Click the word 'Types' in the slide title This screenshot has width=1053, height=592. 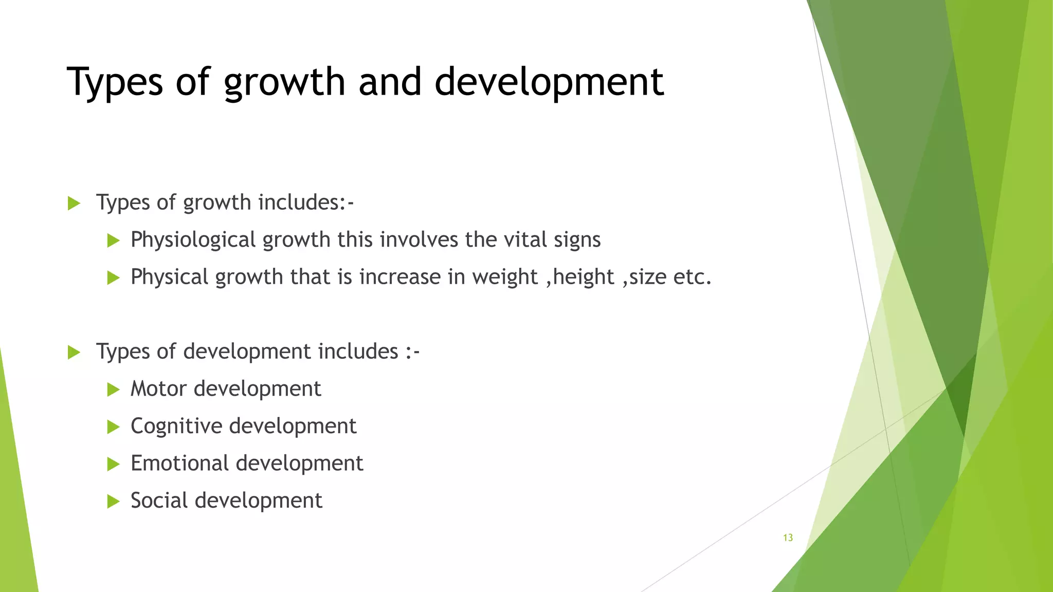(115, 82)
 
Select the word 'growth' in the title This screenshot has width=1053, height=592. (284, 82)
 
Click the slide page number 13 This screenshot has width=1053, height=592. (788, 538)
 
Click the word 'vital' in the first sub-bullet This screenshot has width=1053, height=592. (525, 239)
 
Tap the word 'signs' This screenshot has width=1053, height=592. (577, 240)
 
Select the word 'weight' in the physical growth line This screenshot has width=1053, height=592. (504, 277)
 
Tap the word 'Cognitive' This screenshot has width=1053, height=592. (176, 426)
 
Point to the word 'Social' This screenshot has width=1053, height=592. (159, 501)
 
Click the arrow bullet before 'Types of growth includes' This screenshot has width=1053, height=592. (74, 203)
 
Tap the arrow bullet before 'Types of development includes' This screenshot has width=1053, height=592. (74, 353)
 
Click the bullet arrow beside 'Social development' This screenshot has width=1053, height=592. (113, 502)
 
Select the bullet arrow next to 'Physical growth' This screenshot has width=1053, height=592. (113, 278)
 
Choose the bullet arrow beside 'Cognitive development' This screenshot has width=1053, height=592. (113, 427)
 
